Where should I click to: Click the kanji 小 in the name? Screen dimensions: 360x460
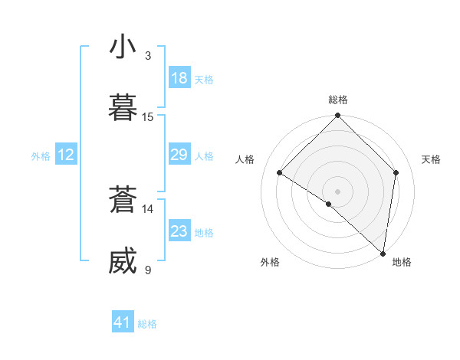(123, 47)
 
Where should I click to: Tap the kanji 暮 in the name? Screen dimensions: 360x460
(123, 108)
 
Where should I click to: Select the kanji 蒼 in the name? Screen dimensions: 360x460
(123, 200)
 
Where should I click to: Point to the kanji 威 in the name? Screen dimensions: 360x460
(123, 261)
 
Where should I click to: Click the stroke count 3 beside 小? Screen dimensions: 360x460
(148, 55)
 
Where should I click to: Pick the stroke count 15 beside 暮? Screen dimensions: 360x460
(148, 116)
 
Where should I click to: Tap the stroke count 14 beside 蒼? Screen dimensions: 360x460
(148, 208)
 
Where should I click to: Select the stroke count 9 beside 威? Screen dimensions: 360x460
(148, 270)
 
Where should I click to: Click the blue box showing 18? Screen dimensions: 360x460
(179, 78)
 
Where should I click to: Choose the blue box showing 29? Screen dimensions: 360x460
(179, 155)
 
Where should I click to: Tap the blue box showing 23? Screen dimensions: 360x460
(179, 231)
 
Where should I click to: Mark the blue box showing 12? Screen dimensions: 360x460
(65, 155)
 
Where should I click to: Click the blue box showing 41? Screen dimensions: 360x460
(123, 322)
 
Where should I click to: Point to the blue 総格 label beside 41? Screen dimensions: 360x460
(147, 324)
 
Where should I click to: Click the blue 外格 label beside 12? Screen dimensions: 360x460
(41, 156)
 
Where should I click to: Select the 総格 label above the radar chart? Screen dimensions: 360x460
(338, 100)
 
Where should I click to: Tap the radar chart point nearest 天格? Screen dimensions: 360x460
(396, 172)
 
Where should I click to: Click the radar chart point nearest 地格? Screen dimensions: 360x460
(383, 254)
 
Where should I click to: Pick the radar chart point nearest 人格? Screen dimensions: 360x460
(280, 172)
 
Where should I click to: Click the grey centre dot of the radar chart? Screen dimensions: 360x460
(338, 191)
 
